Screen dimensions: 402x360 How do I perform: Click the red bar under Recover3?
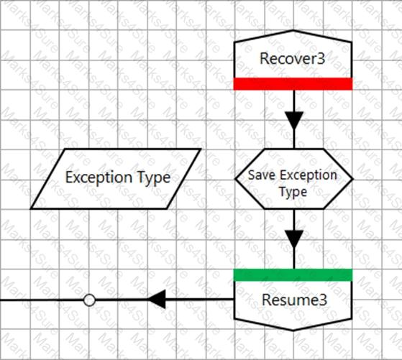293,84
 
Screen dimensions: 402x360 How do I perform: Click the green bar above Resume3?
293,275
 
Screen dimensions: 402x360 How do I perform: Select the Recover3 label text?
293,58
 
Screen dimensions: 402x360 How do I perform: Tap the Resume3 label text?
295,300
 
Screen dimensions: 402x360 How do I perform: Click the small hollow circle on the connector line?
89,300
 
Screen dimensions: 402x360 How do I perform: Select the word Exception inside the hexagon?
309,175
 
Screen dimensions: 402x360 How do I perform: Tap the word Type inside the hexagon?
293,192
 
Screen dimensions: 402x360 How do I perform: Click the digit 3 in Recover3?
321,58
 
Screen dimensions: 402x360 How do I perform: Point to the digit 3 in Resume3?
324,300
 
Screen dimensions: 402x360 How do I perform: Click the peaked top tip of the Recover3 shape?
293,30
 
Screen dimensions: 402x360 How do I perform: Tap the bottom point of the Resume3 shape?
293,330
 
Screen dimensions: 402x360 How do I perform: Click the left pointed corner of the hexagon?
235,179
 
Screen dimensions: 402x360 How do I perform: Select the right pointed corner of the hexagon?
353,179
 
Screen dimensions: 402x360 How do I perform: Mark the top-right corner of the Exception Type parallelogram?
201,149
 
